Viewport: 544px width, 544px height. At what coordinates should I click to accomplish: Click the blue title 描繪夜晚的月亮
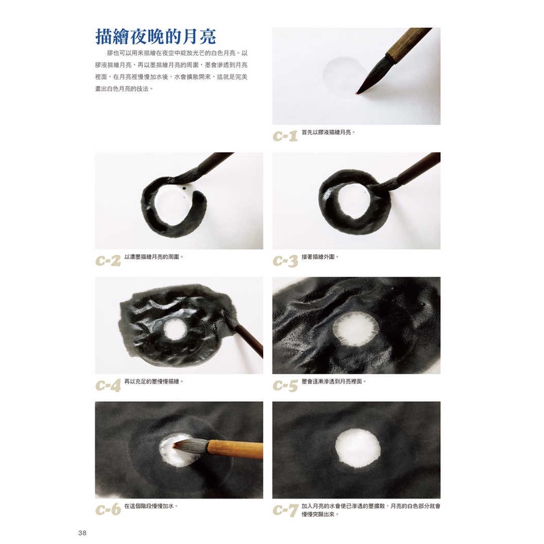point(156,37)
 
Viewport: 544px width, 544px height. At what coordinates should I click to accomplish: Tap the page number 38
point(82,533)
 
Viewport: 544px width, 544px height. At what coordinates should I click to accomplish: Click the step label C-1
point(285,135)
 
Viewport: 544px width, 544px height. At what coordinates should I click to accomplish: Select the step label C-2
point(108,260)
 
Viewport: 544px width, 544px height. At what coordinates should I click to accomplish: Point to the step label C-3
point(285,260)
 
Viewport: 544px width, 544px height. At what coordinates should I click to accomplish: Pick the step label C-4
point(108,385)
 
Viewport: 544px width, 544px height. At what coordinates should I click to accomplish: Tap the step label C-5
point(285,385)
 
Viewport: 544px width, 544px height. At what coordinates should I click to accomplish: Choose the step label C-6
point(108,509)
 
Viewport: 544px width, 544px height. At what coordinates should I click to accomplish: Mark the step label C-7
point(285,510)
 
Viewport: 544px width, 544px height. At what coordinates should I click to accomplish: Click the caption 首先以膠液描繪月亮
point(328,132)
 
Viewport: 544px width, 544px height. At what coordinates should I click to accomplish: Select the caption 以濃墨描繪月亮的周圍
point(154,257)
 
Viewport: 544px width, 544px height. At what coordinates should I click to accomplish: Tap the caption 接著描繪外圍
point(320,257)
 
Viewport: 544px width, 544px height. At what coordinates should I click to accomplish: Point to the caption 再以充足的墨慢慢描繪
point(154,381)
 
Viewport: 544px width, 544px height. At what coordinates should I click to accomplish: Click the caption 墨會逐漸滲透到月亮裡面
point(334,381)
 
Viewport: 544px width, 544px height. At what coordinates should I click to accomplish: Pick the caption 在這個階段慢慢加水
point(151,506)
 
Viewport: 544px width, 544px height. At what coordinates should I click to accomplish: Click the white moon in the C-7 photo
point(358,447)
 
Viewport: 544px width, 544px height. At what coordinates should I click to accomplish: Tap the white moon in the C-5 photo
point(356,329)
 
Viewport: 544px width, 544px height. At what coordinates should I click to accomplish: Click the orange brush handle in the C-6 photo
point(235,449)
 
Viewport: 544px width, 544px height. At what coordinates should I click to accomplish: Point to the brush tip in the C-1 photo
point(358,93)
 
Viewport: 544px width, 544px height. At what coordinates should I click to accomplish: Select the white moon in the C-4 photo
point(175,329)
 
